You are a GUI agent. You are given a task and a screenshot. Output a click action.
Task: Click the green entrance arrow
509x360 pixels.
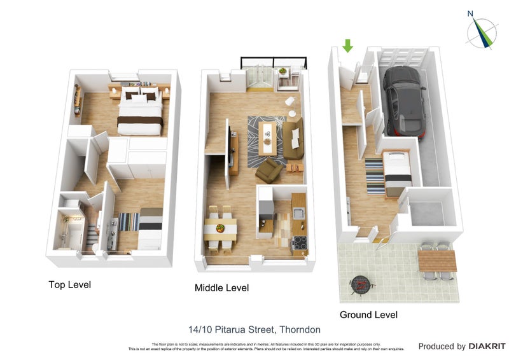[x=347, y=46]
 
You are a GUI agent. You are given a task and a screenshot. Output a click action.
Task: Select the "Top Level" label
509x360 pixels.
[x=70, y=285]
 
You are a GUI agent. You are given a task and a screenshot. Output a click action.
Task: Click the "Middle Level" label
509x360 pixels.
[x=221, y=288]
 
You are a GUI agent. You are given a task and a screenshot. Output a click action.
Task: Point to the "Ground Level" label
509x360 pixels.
[x=368, y=315]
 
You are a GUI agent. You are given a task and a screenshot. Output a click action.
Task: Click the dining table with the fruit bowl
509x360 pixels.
[x=220, y=228]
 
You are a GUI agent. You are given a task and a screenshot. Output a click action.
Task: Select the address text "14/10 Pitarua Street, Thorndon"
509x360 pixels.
[x=254, y=329]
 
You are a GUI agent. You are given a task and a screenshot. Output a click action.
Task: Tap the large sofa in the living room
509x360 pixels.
[x=293, y=139]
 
